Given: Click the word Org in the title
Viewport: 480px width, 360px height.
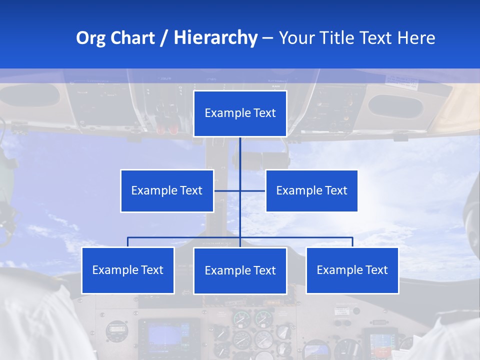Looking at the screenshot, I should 91,38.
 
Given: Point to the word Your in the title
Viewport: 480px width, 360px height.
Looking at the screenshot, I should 297,38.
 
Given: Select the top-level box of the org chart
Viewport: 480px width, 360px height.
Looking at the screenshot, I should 240,113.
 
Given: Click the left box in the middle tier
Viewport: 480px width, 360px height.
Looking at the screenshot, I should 167,190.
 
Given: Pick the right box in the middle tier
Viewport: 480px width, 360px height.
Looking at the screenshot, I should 311,190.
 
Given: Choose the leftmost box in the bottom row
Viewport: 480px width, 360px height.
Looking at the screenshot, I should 128,270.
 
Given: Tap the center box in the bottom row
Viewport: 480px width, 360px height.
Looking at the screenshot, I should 240,270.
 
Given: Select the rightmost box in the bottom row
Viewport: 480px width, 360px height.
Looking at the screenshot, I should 352,270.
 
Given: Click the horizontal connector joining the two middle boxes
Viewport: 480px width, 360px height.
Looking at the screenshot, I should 252,190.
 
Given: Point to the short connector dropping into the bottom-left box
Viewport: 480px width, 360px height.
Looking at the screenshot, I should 128,242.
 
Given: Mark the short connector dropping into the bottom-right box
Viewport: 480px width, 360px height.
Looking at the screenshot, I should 352,242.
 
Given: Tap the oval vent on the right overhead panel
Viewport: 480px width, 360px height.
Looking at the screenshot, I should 395,105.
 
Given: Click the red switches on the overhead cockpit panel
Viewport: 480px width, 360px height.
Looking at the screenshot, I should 167,127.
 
